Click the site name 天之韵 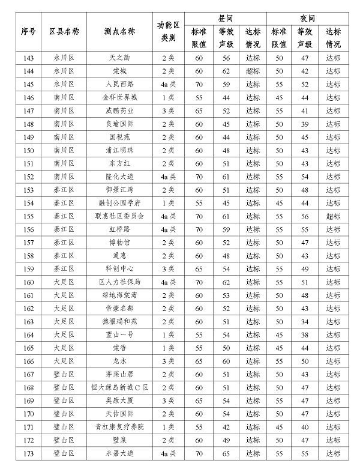pos(120,58)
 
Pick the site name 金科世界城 pos(120,97)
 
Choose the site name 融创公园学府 pos(120,203)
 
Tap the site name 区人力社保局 pos(120,282)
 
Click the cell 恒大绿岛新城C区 pos(120,387)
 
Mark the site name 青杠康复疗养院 pos(120,426)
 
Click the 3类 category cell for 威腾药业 pos(169,110)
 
